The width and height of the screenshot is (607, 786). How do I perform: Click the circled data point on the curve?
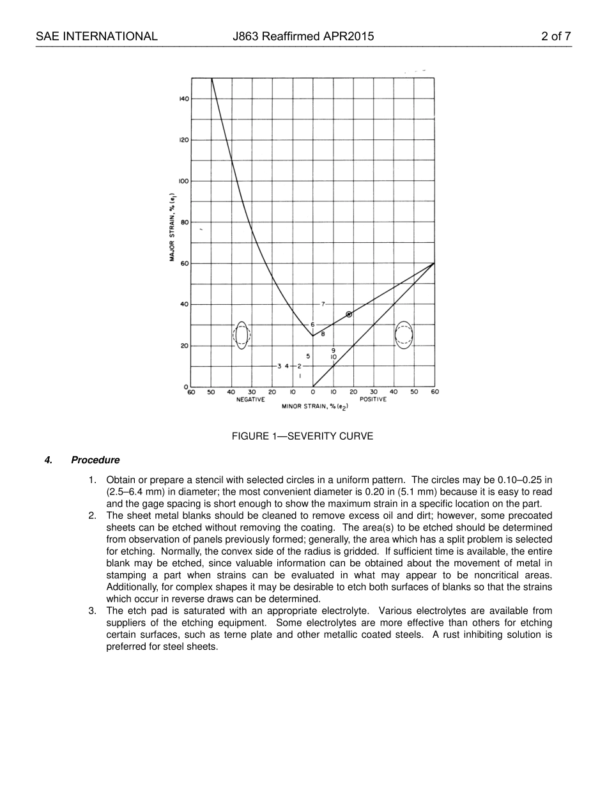349,314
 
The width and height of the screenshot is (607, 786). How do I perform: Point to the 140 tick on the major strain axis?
183,99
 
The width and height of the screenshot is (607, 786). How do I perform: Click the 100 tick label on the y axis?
183,181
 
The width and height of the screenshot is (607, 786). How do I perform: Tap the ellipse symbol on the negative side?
242,335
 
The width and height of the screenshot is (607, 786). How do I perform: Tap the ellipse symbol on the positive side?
404,335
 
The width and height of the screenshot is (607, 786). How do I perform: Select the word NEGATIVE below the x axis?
250,399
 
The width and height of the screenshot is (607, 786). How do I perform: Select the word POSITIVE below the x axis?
373,399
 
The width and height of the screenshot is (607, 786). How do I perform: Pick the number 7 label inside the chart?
323,304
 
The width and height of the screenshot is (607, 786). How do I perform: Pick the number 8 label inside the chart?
323,334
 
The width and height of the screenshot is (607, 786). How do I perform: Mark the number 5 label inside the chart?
308,356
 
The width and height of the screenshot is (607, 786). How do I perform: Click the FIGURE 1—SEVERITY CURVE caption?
302,436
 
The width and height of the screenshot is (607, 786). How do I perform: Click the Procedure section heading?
95,460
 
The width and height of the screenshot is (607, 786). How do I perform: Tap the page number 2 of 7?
555,36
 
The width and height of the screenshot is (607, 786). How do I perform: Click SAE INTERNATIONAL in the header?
96,36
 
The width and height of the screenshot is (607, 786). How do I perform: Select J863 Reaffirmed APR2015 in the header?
303,36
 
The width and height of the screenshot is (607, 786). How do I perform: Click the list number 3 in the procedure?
92,612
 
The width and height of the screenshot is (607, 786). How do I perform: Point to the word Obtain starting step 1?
121,480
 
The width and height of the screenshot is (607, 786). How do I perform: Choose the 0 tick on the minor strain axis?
313,392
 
